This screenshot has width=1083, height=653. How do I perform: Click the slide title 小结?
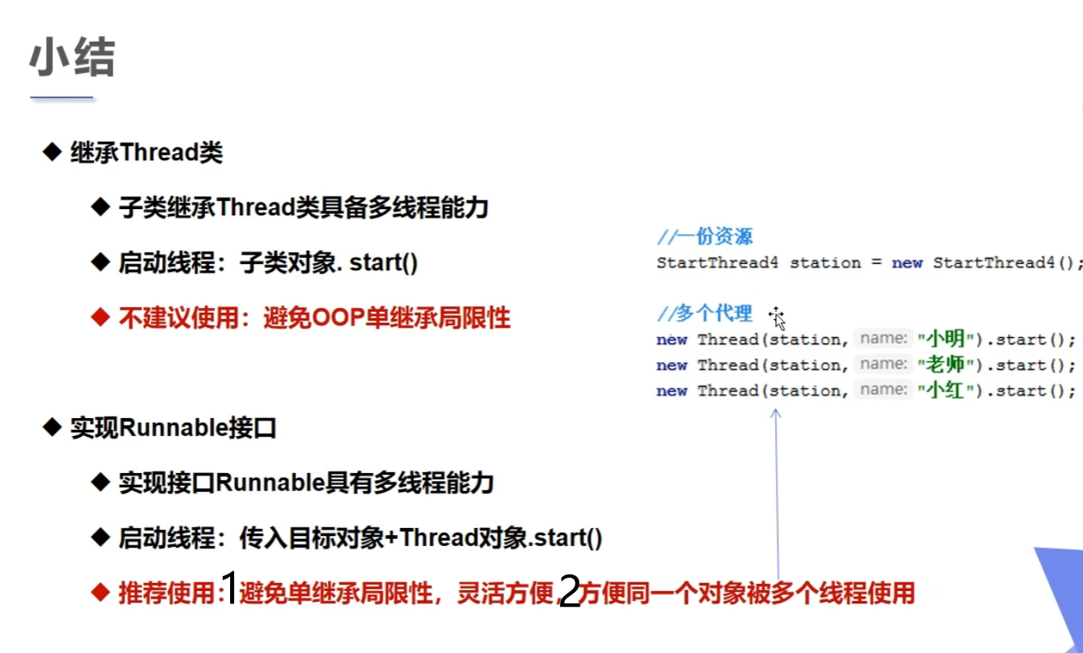click(72, 57)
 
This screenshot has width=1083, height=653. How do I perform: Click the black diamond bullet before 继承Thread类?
click(52, 152)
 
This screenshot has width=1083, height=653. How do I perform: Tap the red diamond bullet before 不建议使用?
click(101, 317)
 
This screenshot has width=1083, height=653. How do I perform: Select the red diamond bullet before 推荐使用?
click(101, 592)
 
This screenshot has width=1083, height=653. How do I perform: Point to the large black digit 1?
click(229, 587)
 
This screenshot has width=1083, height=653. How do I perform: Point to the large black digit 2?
click(569, 591)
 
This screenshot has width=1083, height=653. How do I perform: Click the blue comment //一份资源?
click(704, 237)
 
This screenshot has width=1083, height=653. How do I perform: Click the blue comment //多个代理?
click(704, 314)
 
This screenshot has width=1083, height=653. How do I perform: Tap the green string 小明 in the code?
click(946, 339)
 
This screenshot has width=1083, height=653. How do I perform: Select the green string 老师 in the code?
click(946, 365)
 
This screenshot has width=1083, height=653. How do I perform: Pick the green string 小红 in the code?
click(946, 391)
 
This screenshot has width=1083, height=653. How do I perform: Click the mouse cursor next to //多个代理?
click(777, 318)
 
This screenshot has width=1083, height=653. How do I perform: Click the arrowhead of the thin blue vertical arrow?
click(775, 413)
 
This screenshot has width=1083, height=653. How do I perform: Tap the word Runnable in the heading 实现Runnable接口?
click(173, 428)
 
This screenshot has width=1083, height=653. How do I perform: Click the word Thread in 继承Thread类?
click(159, 152)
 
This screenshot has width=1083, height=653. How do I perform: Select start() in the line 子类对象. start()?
click(383, 262)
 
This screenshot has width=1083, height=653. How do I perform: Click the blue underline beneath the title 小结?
click(61, 97)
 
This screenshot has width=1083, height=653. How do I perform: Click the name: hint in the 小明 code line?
click(884, 338)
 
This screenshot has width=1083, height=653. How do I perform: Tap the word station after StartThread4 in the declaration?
click(825, 262)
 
